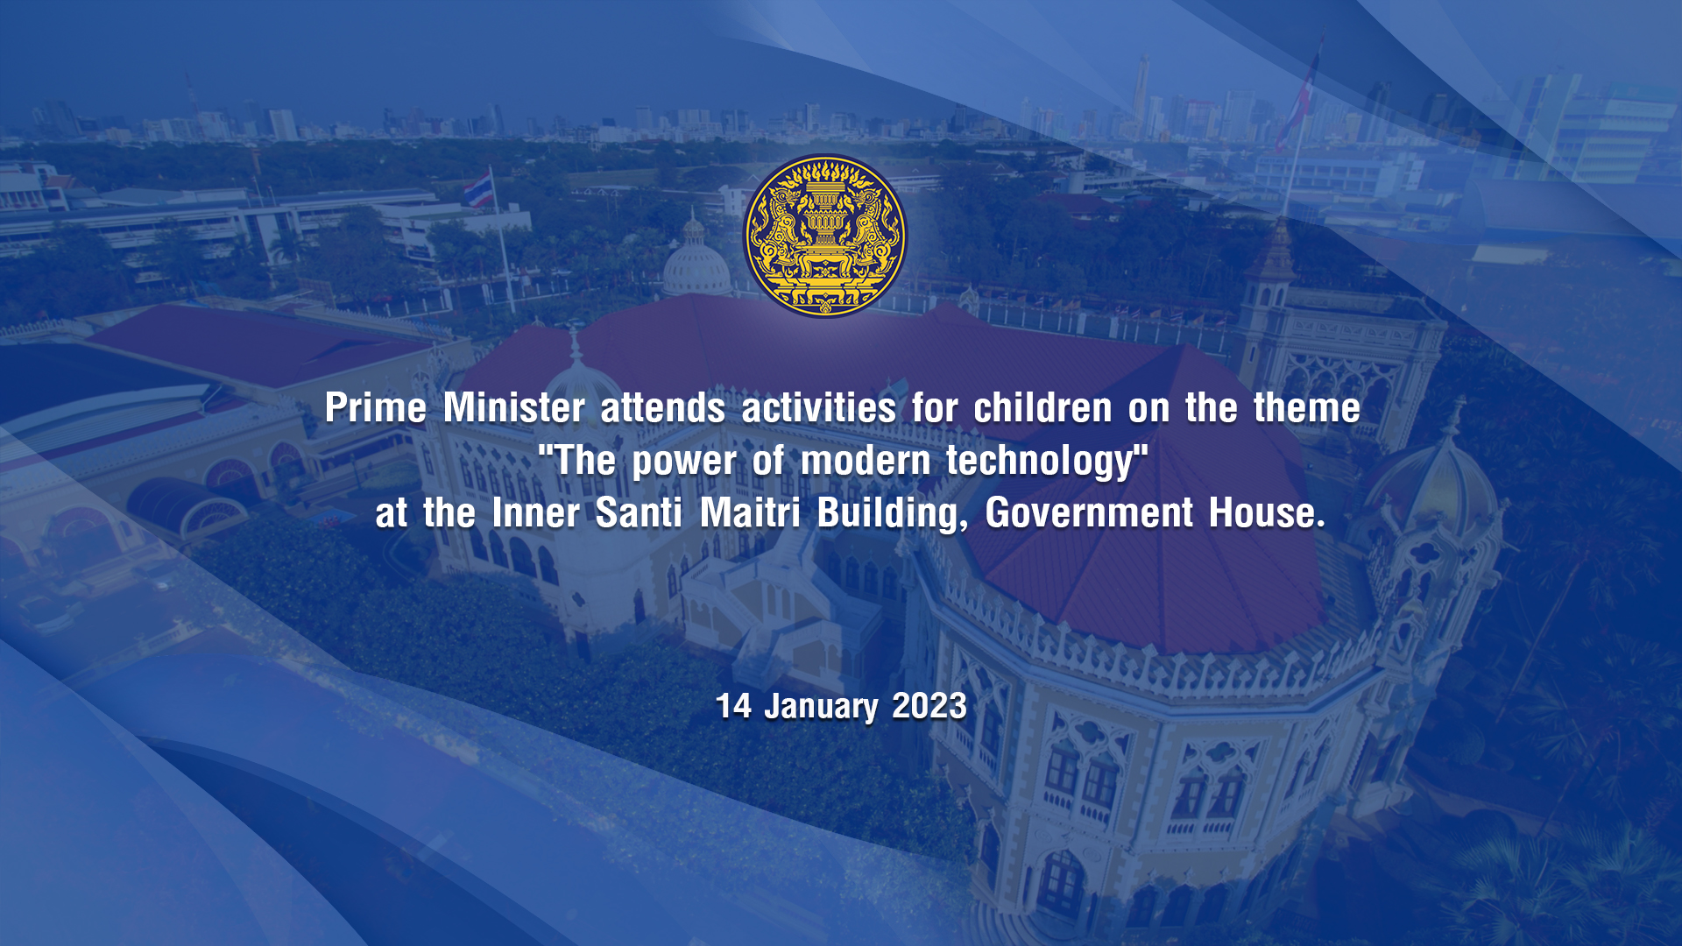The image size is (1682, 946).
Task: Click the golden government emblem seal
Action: (x=825, y=236)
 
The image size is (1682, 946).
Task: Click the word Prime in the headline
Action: (x=376, y=408)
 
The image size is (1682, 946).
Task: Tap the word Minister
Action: (x=514, y=408)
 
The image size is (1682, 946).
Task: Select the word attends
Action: (x=663, y=408)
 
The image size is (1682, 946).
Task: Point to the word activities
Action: (x=819, y=408)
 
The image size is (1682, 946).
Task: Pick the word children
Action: (x=1043, y=408)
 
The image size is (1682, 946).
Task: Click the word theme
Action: (x=1307, y=408)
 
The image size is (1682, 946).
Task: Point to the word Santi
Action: (x=639, y=513)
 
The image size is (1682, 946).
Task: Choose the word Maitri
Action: (x=750, y=513)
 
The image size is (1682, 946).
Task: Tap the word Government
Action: (x=1089, y=513)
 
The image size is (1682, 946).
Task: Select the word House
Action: (x=1267, y=513)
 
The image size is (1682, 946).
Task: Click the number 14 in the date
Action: (x=734, y=706)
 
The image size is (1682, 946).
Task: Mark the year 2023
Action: (x=929, y=706)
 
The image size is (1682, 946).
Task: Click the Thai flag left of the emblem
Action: (x=477, y=190)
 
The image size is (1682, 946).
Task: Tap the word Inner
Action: (x=535, y=513)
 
